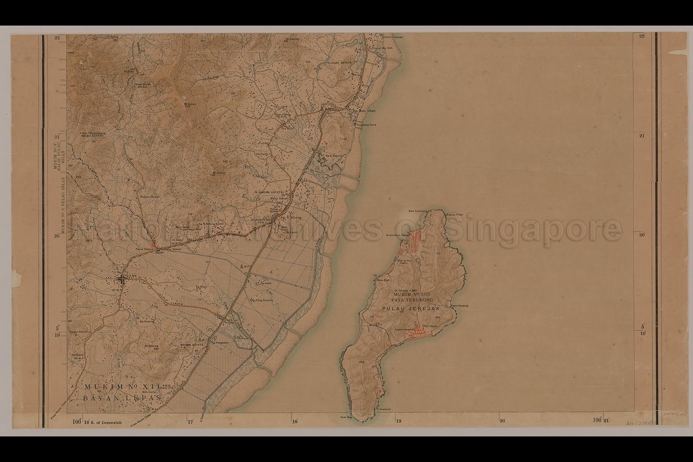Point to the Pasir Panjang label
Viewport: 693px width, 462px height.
pyautogui.click(x=459, y=305)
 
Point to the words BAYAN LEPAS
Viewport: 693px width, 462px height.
pyautogui.click(x=122, y=399)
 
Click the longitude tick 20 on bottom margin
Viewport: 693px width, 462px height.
pyautogui.click(x=502, y=420)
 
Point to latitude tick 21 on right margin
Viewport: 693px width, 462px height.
pyautogui.click(x=642, y=136)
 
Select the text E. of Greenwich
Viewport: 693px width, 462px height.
pyautogui.click(x=103, y=421)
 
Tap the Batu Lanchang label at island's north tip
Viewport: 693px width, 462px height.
pyautogui.click(x=418, y=211)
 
